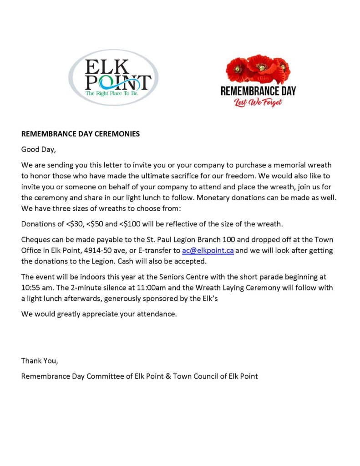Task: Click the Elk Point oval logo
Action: point(113,77)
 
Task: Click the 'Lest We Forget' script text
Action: point(258,102)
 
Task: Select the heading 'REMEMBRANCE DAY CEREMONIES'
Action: point(80,134)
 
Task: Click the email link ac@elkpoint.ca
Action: point(208,250)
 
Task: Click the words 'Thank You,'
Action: point(40,361)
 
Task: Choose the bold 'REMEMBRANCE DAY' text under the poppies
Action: point(258,90)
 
